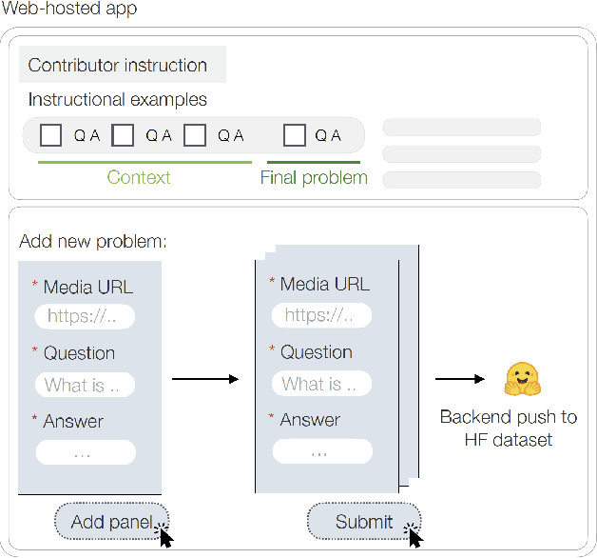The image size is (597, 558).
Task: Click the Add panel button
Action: [x=111, y=521]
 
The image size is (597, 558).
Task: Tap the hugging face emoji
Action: [x=521, y=379]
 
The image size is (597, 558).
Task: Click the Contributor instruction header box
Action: [x=122, y=65]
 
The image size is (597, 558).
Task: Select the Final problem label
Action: [x=314, y=177]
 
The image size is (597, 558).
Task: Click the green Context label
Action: [x=139, y=177]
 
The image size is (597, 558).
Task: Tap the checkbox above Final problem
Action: [x=295, y=135]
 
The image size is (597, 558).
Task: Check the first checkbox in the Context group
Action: [x=51, y=135]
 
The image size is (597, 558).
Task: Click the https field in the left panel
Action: [x=85, y=317]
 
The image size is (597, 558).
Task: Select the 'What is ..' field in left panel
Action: [x=85, y=385]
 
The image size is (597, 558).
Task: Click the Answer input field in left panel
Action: [x=85, y=453]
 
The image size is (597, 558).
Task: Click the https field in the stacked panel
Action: [x=321, y=315]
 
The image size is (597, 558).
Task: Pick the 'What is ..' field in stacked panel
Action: [x=321, y=384]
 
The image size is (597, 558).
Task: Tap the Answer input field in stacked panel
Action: [x=321, y=451]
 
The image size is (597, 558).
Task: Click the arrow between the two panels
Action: [x=204, y=379]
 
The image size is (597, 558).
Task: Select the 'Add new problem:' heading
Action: [x=93, y=241]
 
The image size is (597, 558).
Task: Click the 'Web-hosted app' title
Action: [x=68, y=10]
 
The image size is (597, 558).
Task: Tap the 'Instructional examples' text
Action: [x=117, y=99]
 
